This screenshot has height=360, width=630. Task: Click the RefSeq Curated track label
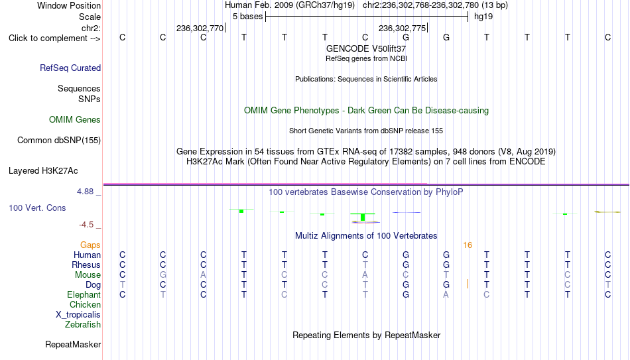click(70, 68)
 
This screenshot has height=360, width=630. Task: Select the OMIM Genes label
click(75, 120)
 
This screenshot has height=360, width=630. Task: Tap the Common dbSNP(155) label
click(59, 141)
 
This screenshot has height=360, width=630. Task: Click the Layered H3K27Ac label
click(43, 171)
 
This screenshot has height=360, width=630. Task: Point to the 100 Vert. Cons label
click(37, 208)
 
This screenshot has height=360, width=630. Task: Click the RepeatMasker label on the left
click(73, 344)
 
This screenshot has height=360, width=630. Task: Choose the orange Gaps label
click(90, 245)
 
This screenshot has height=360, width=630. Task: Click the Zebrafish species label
click(83, 324)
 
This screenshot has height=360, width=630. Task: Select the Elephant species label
click(84, 294)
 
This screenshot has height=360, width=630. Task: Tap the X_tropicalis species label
click(78, 315)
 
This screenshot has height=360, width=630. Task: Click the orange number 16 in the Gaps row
click(468, 245)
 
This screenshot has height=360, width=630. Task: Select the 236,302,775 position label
click(402, 28)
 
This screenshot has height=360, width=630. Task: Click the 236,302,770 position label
click(200, 28)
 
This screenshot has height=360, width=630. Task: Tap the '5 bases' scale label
click(247, 17)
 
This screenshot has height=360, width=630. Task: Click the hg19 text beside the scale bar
click(483, 17)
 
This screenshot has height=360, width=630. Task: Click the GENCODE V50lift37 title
click(366, 48)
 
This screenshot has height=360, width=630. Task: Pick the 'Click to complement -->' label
click(54, 38)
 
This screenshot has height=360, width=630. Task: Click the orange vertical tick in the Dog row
click(468, 284)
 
